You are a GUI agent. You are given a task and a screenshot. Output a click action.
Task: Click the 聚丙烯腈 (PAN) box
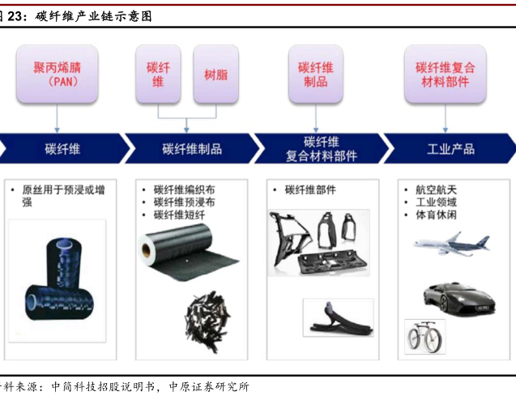pyautogui.click(x=58, y=75)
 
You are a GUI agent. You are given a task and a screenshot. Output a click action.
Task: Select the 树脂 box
pyautogui.click(x=215, y=75)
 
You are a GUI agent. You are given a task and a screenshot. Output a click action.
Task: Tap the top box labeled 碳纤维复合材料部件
pyautogui.click(x=446, y=75)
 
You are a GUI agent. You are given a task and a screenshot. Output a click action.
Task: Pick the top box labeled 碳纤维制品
pyautogui.click(x=316, y=75)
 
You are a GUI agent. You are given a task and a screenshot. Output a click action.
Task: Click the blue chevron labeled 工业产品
pyautogui.click(x=450, y=148)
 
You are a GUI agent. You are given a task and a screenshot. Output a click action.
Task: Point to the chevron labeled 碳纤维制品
pyautogui.click(x=193, y=148)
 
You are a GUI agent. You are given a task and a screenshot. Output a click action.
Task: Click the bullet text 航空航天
pyautogui.click(x=436, y=189)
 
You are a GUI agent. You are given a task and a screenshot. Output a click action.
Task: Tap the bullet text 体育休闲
pyautogui.click(x=436, y=215)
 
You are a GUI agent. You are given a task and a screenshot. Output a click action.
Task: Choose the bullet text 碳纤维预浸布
pyautogui.click(x=185, y=202)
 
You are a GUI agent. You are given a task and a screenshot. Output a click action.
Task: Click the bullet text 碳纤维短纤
pyautogui.click(x=179, y=215)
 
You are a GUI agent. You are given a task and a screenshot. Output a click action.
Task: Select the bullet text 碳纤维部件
pyautogui.click(x=310, y=189)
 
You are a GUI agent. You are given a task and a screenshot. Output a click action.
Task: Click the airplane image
pyautogui.click(x=451, y=244)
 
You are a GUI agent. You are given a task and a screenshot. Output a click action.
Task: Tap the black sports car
pyautogui.click(x=459, y=299)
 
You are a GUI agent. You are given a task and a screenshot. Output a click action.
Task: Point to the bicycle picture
pyautogui.click(x=424, y=337)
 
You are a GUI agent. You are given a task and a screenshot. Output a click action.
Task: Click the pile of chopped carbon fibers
pyautogui.click(x=207, y=321)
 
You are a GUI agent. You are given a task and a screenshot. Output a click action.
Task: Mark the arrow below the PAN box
pyautogui.click(x=57, y=118)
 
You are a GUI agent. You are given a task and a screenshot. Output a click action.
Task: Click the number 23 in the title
pyautogui.click(x=15, y=16)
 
